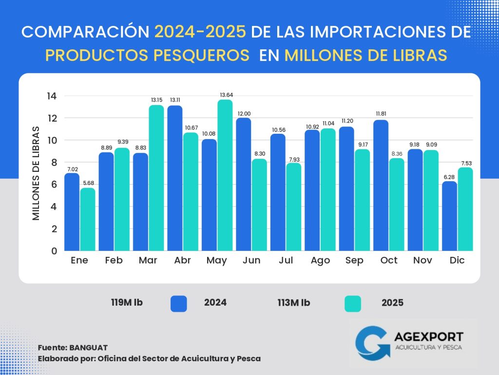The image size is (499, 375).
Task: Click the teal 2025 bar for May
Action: (225, 175)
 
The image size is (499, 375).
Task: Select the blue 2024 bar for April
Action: (175, 178)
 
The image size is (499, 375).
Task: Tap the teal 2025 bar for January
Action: (88, 219)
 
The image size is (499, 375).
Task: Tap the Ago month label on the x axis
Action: (320, 261)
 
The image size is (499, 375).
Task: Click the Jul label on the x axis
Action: (286, 261)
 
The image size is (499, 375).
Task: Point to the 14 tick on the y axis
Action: (53, 96)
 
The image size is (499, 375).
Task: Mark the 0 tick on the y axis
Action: (54, 251)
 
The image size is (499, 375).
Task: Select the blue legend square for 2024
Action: (178, 303)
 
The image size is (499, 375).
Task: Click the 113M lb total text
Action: (293, 303)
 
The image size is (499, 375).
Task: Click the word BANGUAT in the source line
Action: (88, 347)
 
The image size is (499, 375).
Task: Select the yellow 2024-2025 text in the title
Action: (200, 32)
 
